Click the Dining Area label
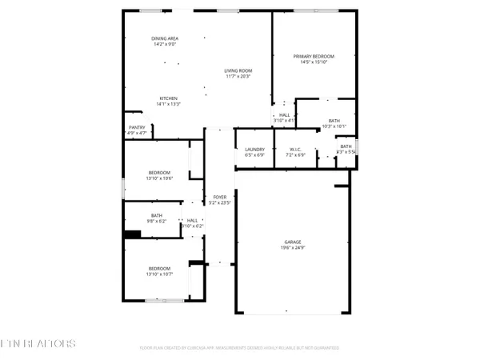pos(165,38)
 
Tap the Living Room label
pos(238,71)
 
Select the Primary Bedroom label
pos(313,55)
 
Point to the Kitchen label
pos(168,98)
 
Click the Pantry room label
pos(137,127)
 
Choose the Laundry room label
pos(254,150)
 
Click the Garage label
pos(293,241)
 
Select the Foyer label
pos(219,197)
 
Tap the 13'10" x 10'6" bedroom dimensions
pos(159,178)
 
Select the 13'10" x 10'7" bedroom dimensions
pos(159,274)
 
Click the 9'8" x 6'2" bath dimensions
pos(157,221)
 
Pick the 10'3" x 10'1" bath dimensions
pos(334,126)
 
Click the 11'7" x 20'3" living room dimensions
pos(238,77)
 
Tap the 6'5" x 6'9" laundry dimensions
pos(254,155)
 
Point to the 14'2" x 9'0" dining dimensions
pos(165,44)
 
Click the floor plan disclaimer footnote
pos(239,348)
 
